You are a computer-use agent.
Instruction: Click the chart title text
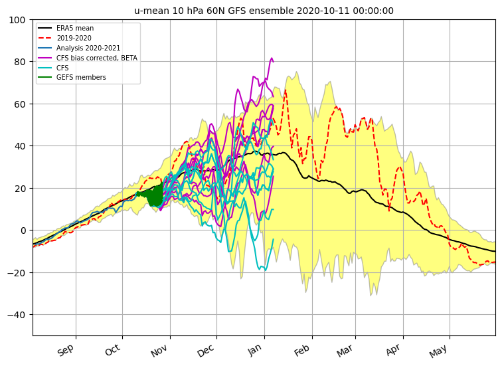[x=264, y=11]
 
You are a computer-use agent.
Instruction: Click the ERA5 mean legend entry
[x=66, y=28]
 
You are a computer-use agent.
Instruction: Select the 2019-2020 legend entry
[x=64, y=38]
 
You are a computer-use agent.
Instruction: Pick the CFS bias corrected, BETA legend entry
[x=88, y=58]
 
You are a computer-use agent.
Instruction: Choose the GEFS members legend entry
[x=72, y=78]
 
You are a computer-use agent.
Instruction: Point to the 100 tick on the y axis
[x=17, y=20]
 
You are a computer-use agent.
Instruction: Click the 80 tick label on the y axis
[x=20, y=62]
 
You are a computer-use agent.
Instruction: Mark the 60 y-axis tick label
[x=20, y=104]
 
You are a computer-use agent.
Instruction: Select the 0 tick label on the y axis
[x=23, y=230]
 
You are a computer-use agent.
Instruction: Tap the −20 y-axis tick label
[x=17, y=273]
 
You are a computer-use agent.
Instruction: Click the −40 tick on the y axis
[x=17, y=315]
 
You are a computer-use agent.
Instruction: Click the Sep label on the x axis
[x=66, y=349]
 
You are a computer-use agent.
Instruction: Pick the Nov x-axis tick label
[x=159, y=350]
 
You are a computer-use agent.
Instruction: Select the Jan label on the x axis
[x=254, y=349]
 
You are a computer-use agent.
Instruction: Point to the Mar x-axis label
[x=345, y=350]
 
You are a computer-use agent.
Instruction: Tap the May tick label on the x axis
[x=438, y=351]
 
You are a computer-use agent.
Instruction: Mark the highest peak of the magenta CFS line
[x=272, y=58]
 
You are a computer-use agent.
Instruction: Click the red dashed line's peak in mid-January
[x=286, y=90]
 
